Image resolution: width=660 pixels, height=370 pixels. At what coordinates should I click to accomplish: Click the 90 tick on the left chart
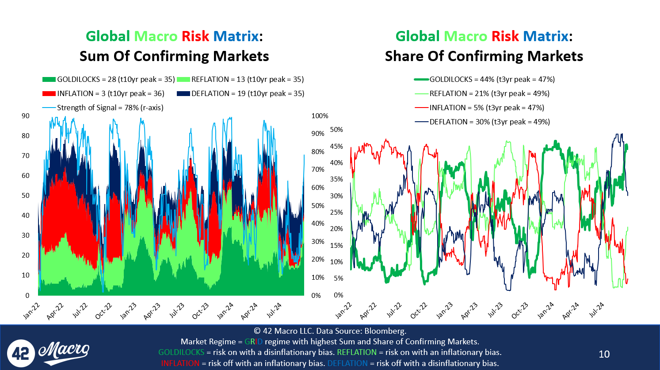click(26, 116)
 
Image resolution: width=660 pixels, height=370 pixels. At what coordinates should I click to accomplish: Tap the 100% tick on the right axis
click(320, 116)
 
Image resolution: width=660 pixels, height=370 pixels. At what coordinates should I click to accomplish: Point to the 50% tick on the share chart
click(336, 130)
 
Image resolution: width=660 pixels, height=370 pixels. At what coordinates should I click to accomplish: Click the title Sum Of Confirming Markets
click(174, 56)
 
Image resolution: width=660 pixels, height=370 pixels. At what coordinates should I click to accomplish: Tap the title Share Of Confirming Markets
click(484, 56)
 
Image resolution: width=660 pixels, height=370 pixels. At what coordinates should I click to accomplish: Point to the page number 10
click(604, 354)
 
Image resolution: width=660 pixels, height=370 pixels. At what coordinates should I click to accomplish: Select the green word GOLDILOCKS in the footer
click(181, 352)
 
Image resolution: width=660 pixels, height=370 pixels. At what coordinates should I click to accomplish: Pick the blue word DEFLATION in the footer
click(347, 363)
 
